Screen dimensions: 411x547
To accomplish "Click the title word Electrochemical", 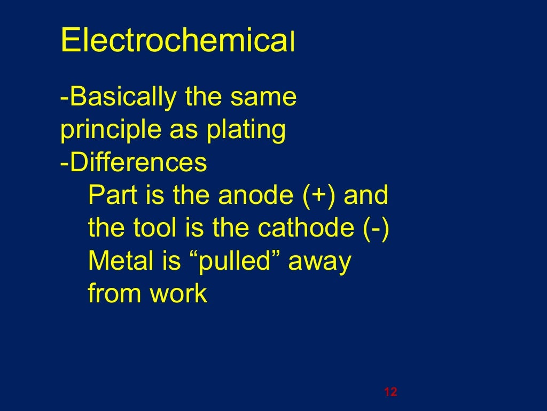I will pyautogui.click(x=178, y=41).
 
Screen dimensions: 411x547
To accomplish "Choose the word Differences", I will pyautogui.click(x=137, y=163).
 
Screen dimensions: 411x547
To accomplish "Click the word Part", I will pyautogui.click(x=111, y=195).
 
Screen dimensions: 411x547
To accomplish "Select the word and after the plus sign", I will pyautogui.click(x=365, y=195).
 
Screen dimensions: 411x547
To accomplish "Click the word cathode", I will pyautogui.click(x=304, y=229).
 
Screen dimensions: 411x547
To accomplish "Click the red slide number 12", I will pyautogui.click(x=390, y=392).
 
